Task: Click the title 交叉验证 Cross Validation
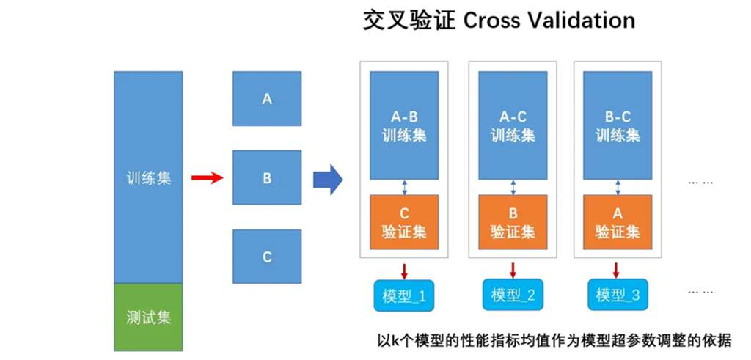[499, 21]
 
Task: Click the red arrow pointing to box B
[207, 177]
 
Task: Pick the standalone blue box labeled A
[267, 98]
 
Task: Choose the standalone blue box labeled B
[267, 177]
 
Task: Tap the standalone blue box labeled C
[267, 257]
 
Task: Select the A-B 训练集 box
[404, 125]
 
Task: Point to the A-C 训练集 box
[513, 125]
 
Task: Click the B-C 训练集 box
[617, 125]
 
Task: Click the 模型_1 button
[404, 295]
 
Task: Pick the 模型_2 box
[513, 295]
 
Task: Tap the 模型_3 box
[618, 295]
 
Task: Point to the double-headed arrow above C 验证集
[404, 188]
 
